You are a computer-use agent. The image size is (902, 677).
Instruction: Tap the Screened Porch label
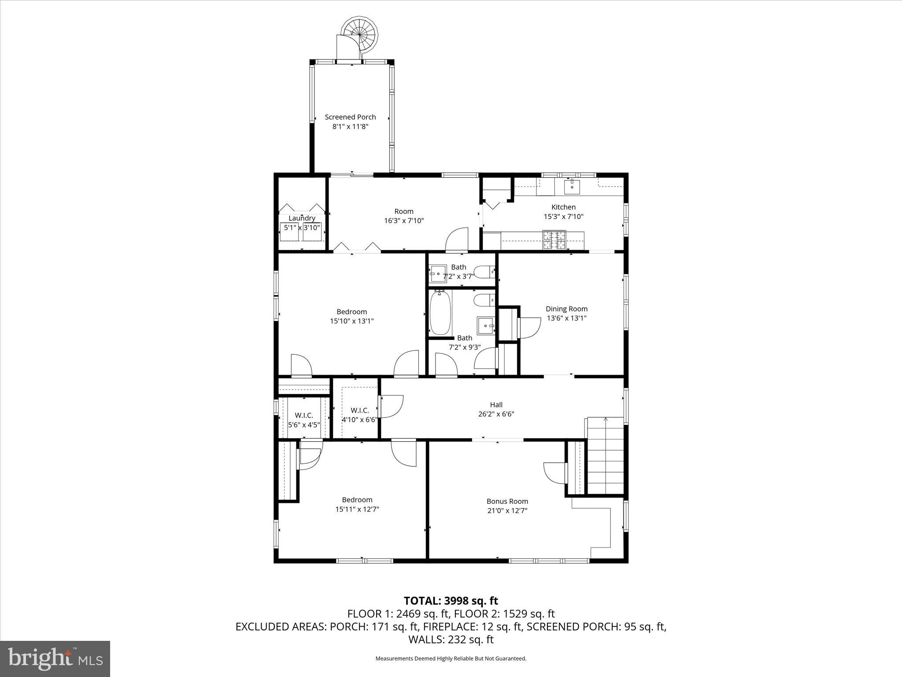[350, 117]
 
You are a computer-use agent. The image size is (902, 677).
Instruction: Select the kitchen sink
[572, 186]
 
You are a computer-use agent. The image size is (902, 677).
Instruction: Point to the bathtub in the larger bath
[440, 312]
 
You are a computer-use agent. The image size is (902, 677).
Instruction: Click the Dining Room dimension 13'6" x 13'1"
[566, 318]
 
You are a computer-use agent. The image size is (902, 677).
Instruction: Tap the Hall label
[496, 405]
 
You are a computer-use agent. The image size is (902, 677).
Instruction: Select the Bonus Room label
[507, 501]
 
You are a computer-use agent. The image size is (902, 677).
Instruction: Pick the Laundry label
[302, 218]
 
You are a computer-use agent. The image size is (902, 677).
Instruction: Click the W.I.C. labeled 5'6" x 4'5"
[304, 420]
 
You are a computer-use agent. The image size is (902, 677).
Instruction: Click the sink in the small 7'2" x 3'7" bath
[438, 273]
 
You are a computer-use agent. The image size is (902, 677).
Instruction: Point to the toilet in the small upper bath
[484, 272]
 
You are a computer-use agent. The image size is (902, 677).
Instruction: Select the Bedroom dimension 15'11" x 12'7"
[357, 509]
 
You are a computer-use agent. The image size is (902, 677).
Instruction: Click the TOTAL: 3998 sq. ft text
[451, 601]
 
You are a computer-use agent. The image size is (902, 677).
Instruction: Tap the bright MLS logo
[55, 659]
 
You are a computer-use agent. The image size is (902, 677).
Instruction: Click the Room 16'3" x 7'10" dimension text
[403, 221]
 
